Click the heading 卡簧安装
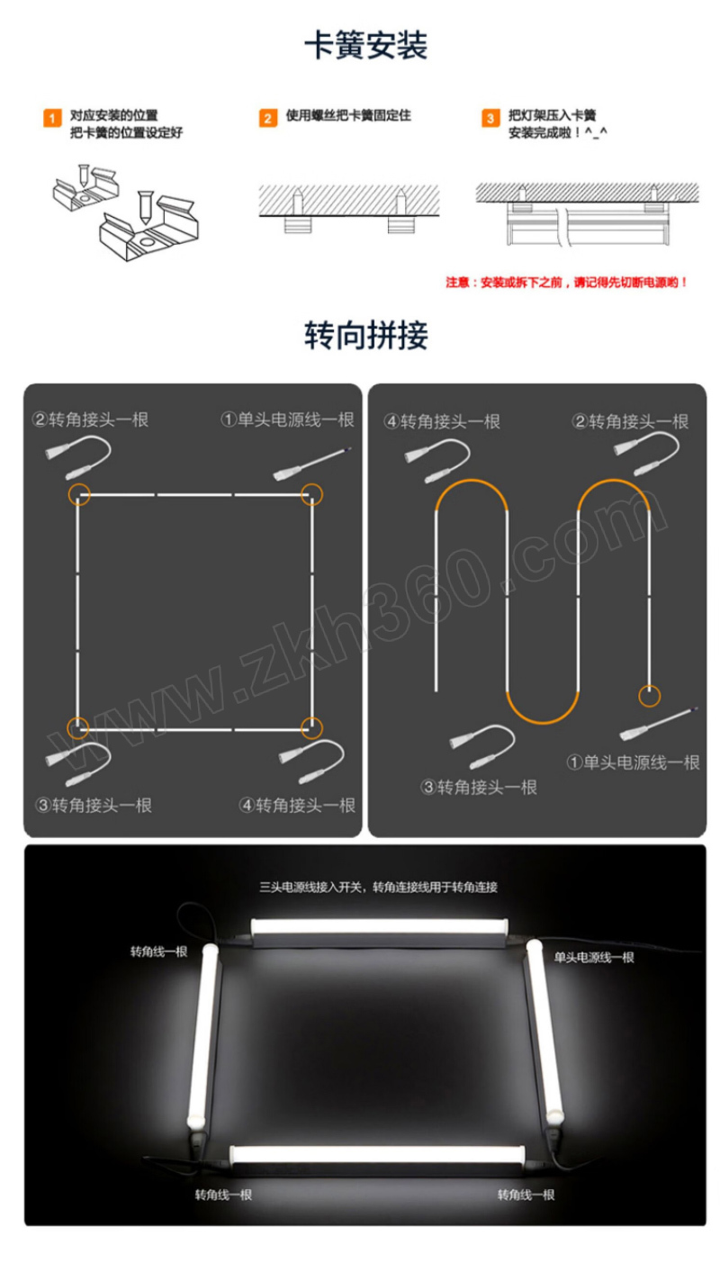(365, 46)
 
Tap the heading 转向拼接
(365, 336)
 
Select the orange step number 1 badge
(53, 119)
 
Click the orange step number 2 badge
(268, 119)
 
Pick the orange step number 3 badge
(490, 119)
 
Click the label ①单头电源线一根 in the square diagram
(288, 419)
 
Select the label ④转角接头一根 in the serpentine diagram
(442, 421)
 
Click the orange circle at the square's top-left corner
(78, 493)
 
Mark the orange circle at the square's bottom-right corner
(311, 726)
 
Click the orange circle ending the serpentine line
(649, 695)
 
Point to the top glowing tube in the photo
(379, 925)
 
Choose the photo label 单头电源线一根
(594, 957)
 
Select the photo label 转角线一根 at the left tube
(159, 951)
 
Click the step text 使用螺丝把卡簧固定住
(348, 116)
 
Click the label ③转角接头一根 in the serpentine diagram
(480, 788)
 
